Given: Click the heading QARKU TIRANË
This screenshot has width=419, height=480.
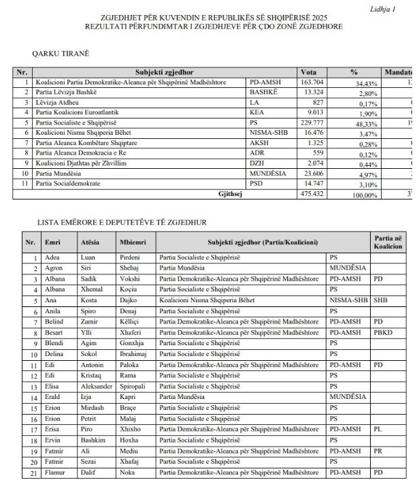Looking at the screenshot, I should point(61,52).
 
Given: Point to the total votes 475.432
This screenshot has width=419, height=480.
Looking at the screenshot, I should point(314,194).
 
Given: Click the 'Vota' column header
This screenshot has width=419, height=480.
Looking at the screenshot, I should point(309,71).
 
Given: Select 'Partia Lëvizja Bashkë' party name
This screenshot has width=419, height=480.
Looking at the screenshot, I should point(64,92).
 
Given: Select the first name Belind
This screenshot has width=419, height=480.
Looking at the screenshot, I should point(55,321).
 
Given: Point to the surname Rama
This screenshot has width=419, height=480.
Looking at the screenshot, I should point(128,375).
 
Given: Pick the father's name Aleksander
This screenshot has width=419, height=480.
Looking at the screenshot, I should point(97,386).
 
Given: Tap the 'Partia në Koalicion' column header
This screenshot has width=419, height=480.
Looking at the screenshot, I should point(388,242).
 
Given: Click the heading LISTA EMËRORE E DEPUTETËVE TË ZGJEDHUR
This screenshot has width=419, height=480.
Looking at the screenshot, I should point(122,222).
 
